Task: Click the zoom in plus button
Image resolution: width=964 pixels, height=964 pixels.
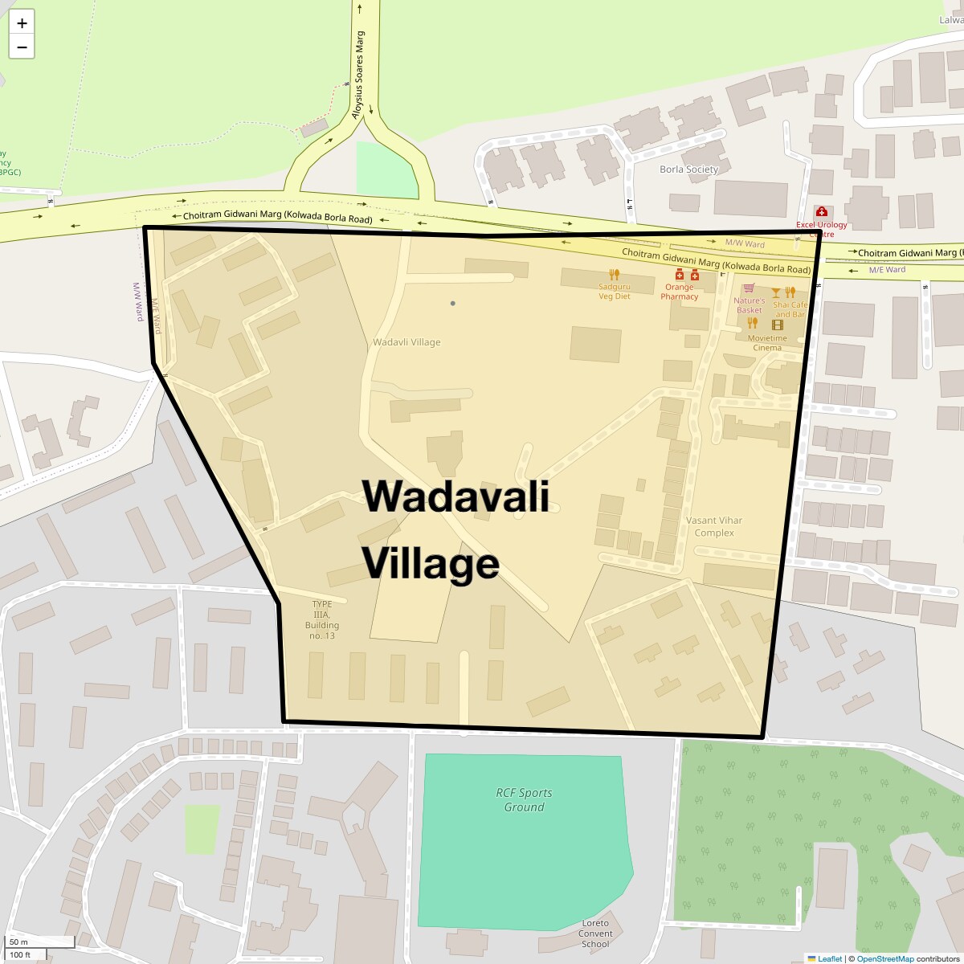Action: pyautogui.click(x=22, y=22)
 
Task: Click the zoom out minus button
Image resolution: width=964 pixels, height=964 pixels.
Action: pyautogui.click(x=22, y=47)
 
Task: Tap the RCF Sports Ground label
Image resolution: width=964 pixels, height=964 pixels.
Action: pyautogui.click(x=524, y=800)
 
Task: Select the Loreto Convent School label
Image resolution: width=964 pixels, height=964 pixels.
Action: pyautogui.click(x=595, y=933)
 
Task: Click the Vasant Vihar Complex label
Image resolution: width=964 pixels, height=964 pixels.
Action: pyautogui.click(x=713, y=526)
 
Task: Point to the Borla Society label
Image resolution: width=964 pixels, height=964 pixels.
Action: pyautogui.click(x=688, y=170)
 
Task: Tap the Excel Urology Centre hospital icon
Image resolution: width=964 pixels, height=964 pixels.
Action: pyautogui.click(x=821, y=211)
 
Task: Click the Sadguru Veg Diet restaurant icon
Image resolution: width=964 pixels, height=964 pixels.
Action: pyautogui.click(x=615, y=274)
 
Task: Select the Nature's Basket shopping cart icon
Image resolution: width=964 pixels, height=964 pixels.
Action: pyautogui.click(x=749, y=288)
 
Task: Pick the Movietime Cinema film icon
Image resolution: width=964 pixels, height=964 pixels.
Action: pyautogui.click(x=777, y=325)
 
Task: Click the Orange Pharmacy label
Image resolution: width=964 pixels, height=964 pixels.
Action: pyautogui.click(x=679, y=292)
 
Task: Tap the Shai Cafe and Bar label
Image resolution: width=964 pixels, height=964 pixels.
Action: pyautogui.click(x=790, y=309)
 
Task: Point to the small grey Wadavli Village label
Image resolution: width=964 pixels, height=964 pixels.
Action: pyautogui.click(x=406, y=342)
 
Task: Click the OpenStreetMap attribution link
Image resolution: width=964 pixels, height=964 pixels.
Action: pyautogui.click(x=884, y=958)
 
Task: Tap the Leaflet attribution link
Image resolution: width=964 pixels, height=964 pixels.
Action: pyautogui.click(x=830, y=958)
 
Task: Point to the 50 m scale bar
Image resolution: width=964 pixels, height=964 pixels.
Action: pyautogui.click(x=40, y=942)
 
